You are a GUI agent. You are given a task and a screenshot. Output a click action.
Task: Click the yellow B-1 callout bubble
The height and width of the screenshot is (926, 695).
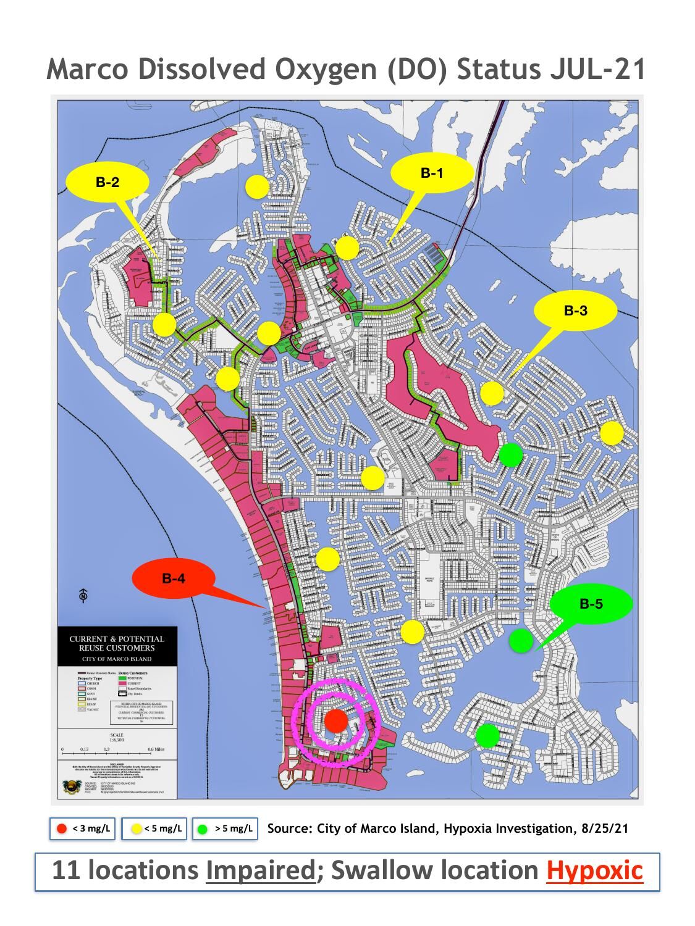pyautogui.click(x=432, y=173)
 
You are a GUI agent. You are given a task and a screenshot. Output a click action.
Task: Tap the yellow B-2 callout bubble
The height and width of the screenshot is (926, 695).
pyautogui.click(x=107, y=182)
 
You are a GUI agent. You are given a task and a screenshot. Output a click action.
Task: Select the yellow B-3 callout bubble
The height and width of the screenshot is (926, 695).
pyautogui.click(x=575, y=311)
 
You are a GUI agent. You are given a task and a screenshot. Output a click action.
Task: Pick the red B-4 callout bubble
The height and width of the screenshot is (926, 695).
pyautogui.click(x=174, y=578)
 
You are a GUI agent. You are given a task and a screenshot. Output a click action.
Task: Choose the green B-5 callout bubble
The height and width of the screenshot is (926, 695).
pyautogui.click(x=591, y=604)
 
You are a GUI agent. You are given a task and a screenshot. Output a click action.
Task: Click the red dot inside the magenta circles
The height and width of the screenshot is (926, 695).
pyautogui.click(x=336, y=720)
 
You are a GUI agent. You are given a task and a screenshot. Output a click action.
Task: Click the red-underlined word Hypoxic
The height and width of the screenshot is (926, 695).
pyautogui.click(x=594, y=870)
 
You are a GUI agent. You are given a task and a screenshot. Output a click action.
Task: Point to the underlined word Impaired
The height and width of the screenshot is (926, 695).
pyautogui.click(x=260, y=870)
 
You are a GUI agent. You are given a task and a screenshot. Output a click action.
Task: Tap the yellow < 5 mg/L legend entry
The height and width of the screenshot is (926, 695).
pyautogui.click(x=154, y=828)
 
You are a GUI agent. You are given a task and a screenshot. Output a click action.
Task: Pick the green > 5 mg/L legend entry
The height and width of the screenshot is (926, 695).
pyautogui.click(x=225, y=828)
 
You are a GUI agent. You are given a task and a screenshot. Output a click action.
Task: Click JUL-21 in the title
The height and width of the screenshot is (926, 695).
pyautogui.click(x=597, y=69)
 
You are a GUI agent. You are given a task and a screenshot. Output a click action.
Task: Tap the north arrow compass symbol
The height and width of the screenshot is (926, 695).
pyautogui.click(x=83, y=595)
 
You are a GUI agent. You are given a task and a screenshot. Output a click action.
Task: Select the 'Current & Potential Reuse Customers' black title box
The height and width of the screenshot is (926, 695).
pyautogui.click(x=117, y=648)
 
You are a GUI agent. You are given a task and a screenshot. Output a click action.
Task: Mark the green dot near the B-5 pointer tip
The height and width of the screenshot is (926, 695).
pyautogui.click(x=521, y=640)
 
